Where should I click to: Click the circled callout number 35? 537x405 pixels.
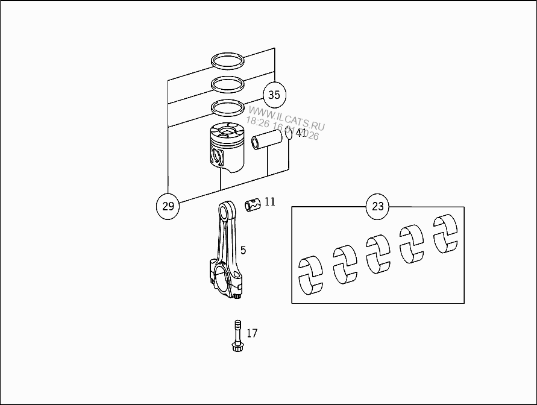274,95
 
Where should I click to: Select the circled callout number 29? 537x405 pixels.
168,206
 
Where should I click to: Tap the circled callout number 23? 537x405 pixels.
377,207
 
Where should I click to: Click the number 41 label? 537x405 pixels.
301,133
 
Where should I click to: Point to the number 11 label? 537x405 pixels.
269,201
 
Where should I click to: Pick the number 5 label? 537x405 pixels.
243,250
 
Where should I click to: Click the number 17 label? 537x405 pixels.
252,333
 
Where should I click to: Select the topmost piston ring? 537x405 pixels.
228,60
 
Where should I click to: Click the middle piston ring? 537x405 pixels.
228,83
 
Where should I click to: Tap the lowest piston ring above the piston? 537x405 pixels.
228,107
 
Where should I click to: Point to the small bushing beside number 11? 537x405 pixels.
253,204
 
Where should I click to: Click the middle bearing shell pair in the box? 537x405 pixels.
378,253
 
